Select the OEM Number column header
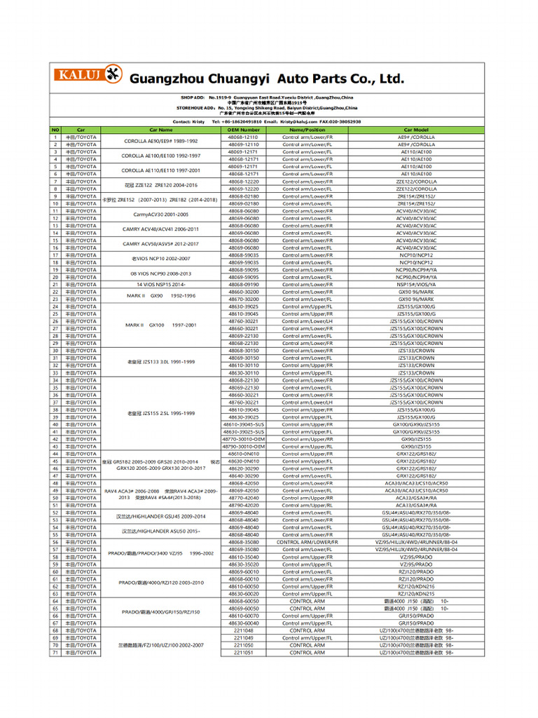coord(244,130)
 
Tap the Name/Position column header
coord(307,130)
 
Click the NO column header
coord(55,130)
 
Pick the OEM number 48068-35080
coord(244,542)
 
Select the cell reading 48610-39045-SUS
coord(244,424)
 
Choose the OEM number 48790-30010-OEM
coord(244,447)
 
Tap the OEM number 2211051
coord(244,652)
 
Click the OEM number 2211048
coord(244,630)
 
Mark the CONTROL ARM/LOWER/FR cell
coord(307,542)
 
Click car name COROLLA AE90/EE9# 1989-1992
coord(160,141)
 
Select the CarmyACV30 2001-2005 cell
coord(160,214)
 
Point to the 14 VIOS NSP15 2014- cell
coord(160,285)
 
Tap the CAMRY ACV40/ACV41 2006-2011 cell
coord(160,229)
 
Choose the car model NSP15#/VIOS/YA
coord(416,285)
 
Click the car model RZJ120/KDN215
coord(416,594)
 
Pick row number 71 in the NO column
coord(55,652)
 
